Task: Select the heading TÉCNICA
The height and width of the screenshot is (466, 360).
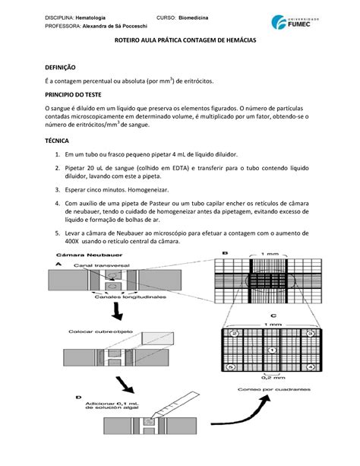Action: [62, 163]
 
